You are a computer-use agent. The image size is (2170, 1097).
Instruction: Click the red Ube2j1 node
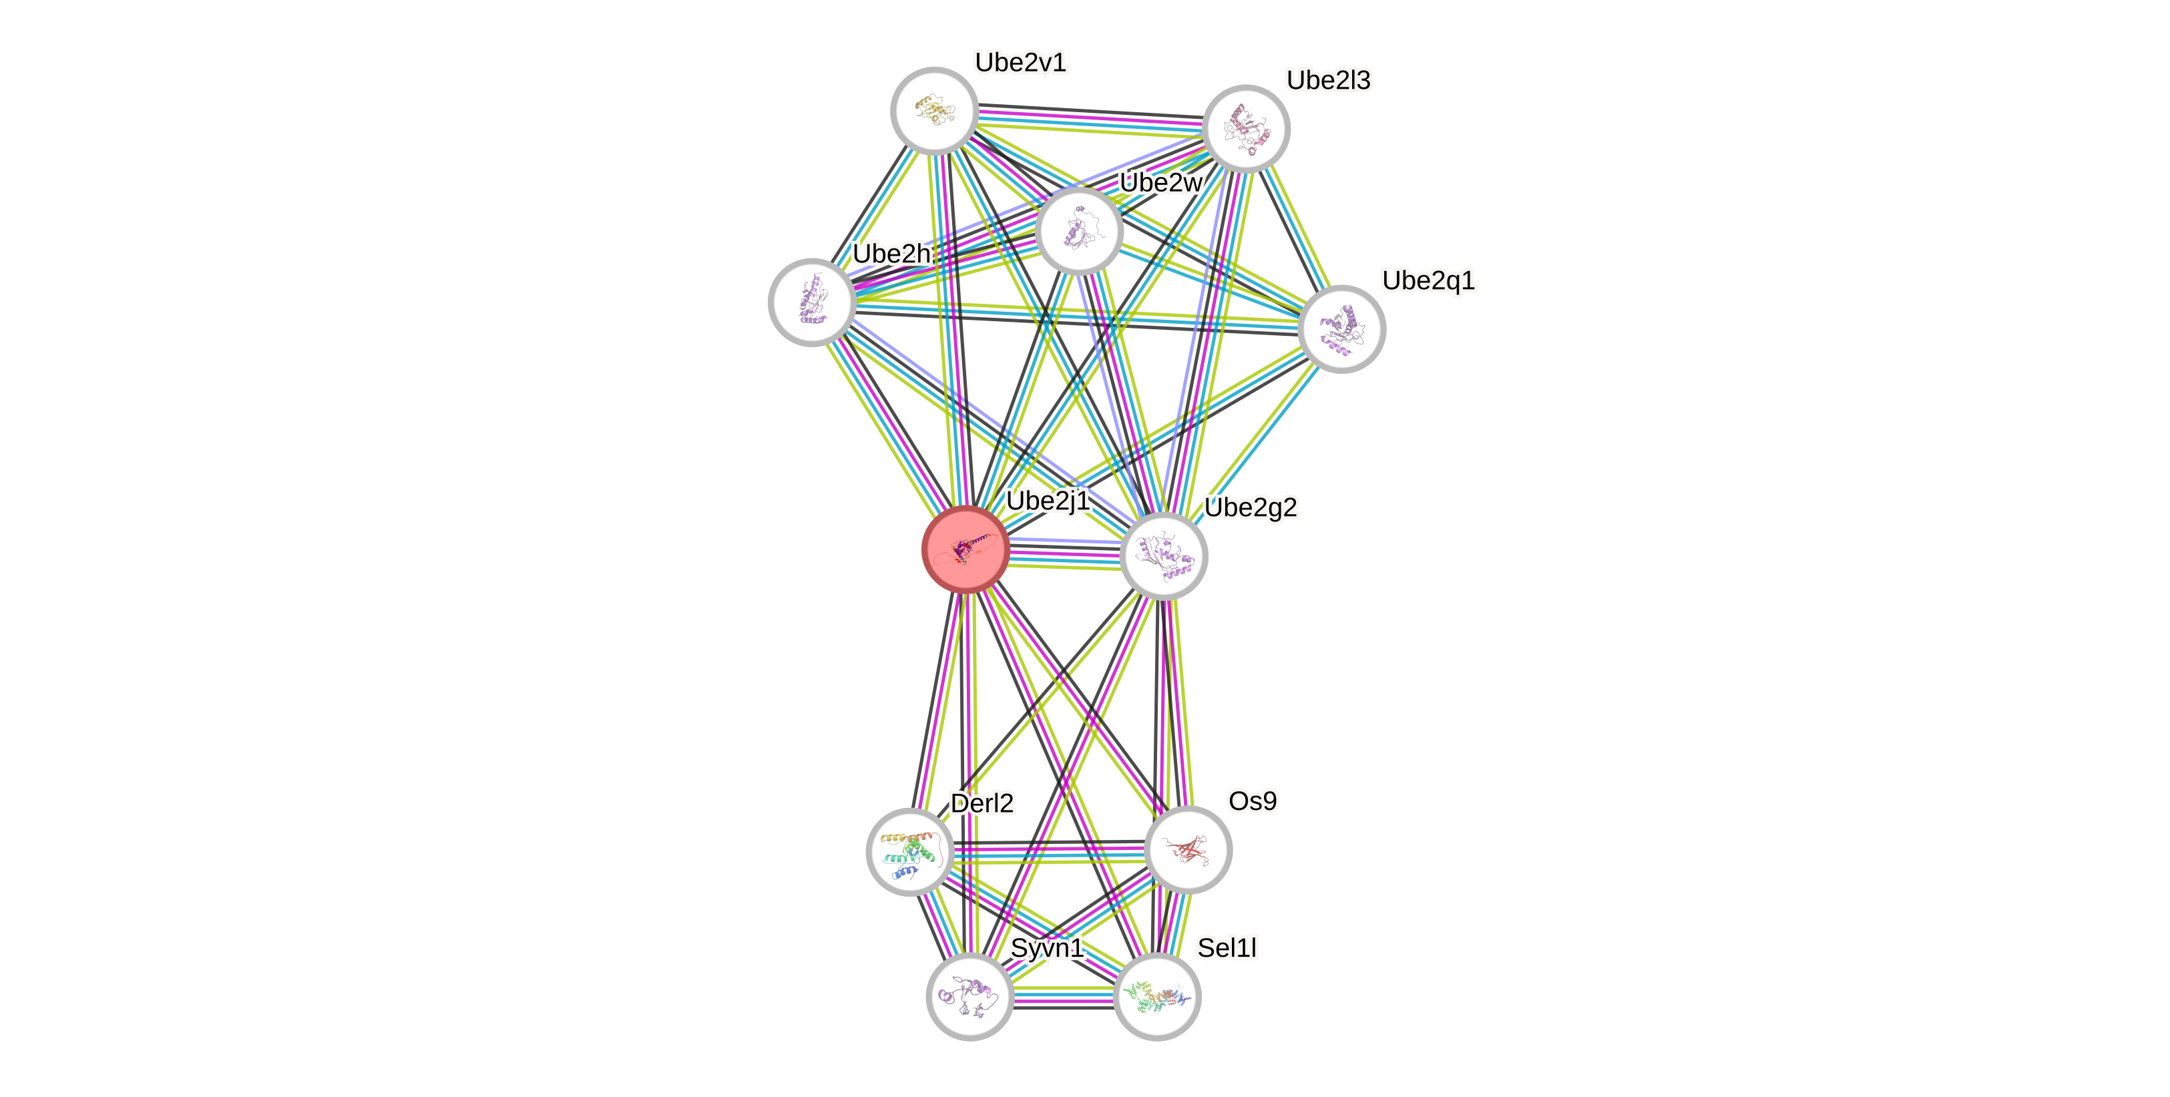(965, 550)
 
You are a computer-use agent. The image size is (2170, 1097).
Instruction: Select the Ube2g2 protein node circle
(1164, 556)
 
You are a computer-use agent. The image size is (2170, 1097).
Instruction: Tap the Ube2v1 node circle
(934, 110)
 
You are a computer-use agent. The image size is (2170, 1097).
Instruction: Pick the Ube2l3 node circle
(1246, 129)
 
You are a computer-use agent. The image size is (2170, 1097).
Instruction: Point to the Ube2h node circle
(812, 302)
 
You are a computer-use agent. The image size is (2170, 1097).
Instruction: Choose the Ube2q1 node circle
(1341, 328)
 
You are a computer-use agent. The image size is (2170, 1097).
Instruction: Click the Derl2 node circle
(910, 851)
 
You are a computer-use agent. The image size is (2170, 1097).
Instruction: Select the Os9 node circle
(1188, 849)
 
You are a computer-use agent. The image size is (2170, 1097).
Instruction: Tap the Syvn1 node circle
(969, 996)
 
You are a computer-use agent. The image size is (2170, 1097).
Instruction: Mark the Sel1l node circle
(1156, 997)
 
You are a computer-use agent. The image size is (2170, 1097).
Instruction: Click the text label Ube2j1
(1048, 501)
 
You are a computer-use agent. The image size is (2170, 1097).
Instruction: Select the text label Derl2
(982, 803)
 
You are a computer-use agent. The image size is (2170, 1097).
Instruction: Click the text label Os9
(1252, 801)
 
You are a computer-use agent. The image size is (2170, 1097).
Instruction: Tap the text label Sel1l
(1227, 948)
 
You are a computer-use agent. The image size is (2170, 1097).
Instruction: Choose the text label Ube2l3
(1329, 80)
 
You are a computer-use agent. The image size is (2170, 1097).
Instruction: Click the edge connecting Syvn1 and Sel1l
(1063, 997)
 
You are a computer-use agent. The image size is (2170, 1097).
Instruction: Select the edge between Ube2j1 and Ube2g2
(1065, 554)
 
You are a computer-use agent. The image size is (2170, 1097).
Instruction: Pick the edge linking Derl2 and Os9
(1049, 853)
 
